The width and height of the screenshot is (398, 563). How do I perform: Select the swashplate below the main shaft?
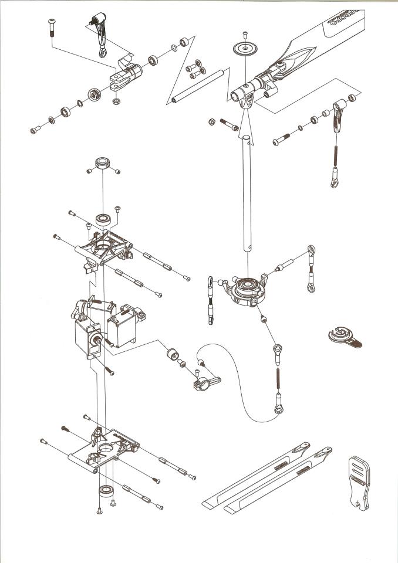[x=247, y=289]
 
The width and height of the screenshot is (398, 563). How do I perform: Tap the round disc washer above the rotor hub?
[x=245, y=49]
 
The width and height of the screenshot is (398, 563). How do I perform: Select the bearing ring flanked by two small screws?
[x=103, y=164]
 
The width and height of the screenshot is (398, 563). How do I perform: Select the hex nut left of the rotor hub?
[x=211, y=122]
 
